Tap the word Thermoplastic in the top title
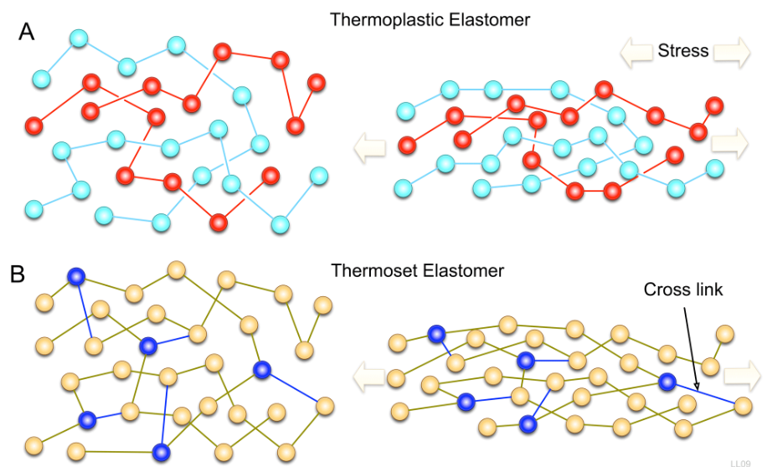(379, 19)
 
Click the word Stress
(683, 51)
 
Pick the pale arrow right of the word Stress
(732, 52)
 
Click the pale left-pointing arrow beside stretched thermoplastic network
(369, 148)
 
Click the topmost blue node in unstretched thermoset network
(76, 276)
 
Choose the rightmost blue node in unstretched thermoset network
(262, 369)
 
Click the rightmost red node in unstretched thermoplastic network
(316, 82)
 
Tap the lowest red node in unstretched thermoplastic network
(219, 223)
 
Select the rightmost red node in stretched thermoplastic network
(714, 105)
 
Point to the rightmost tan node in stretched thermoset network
(742, 407)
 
